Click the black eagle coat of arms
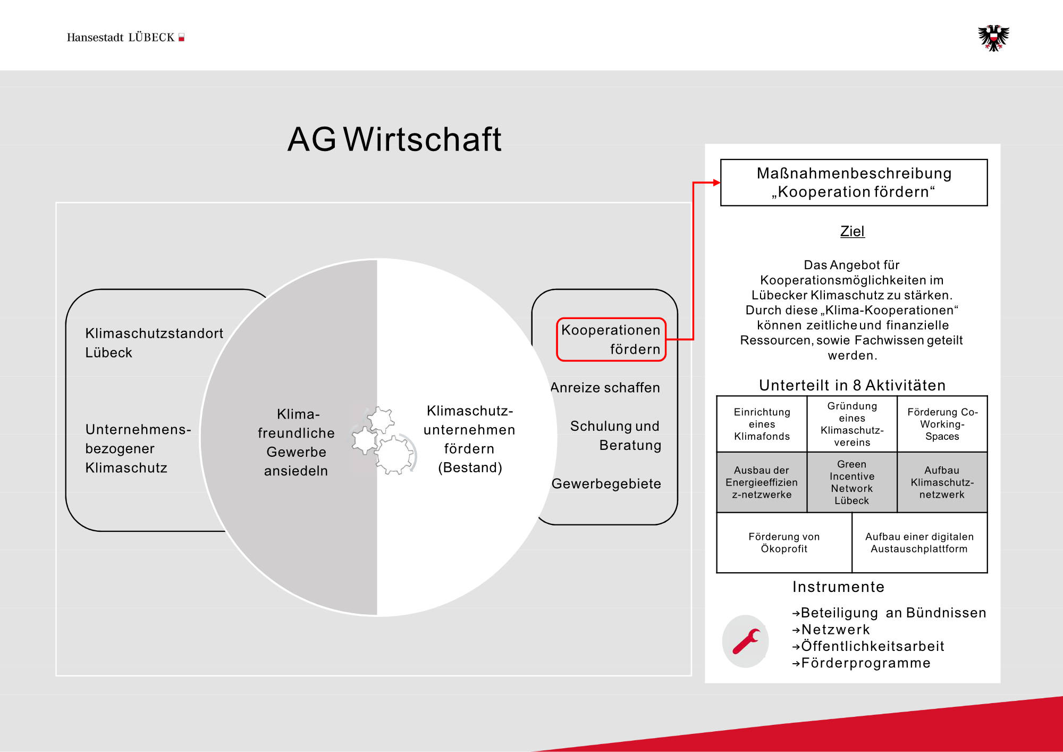993,38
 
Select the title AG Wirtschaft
394,139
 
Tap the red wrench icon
746,641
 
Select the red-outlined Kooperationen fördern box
611,339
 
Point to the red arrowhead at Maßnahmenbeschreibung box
716,182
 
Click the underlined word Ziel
852,231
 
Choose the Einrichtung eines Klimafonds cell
762,424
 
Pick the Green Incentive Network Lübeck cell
852,482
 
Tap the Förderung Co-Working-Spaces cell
942,424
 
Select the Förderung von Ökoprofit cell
784,543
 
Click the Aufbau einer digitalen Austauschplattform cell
919,543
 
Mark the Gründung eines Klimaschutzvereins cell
852,424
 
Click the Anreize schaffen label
605,388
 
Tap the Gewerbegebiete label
606,484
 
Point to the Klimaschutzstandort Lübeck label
154,343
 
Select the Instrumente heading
838,587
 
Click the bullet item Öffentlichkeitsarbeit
872,646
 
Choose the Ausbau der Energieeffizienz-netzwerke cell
762,482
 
